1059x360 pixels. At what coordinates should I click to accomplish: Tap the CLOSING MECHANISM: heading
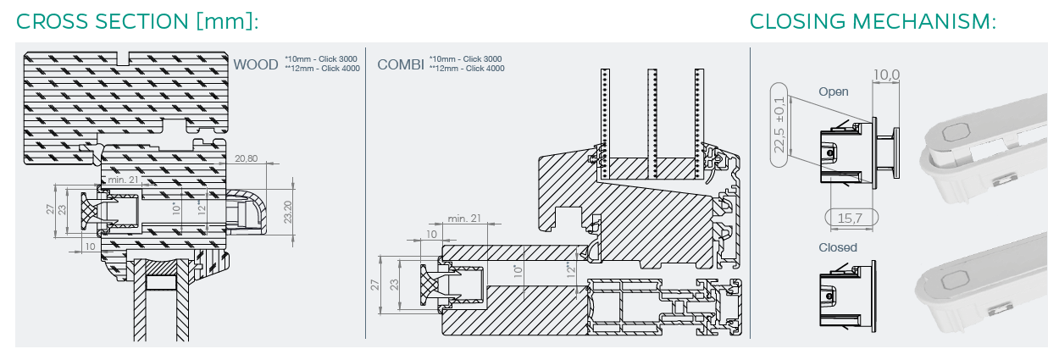(x=873, y=22)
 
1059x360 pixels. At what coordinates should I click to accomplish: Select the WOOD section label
(x=256, y=64)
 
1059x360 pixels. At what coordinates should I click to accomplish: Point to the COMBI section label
(x=401, y=64)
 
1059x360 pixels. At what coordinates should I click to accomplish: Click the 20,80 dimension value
(x=247, y=158)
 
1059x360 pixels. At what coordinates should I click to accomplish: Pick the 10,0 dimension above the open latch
(x=886, y=76)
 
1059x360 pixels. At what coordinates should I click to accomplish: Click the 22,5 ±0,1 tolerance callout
(x=779, y=125)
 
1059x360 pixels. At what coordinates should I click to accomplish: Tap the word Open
(x=833, y=91)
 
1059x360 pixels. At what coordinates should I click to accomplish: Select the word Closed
(x=837, y=247)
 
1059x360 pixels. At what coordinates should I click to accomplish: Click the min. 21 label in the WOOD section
(x=123, y=180)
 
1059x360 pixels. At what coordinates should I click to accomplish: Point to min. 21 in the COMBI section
(x=464, y=219)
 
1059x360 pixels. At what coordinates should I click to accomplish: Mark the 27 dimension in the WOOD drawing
(x=50, y=209)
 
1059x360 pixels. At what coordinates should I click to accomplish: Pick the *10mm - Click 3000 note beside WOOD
(x=321, y=58)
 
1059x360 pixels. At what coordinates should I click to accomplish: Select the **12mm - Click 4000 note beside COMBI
(x=467, y=68)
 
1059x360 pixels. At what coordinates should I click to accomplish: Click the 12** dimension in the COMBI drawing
(x=572, y=271)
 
